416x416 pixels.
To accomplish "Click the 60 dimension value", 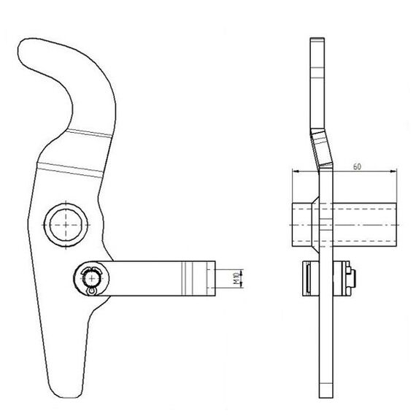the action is pyautogui.click(x=357, y=166).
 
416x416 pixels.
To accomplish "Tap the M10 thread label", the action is pyautogui.click(x=236, y=278).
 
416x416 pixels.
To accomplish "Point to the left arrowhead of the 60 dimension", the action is pyautogui.click(x=296, y=172).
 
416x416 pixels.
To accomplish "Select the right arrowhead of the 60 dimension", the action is pyautogui.click(x=393, y=172).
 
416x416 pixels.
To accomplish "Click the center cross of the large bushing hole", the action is pyautogui.click(x=66, y=225).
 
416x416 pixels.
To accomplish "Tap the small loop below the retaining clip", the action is pyautogui.click(x=91, y=291).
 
